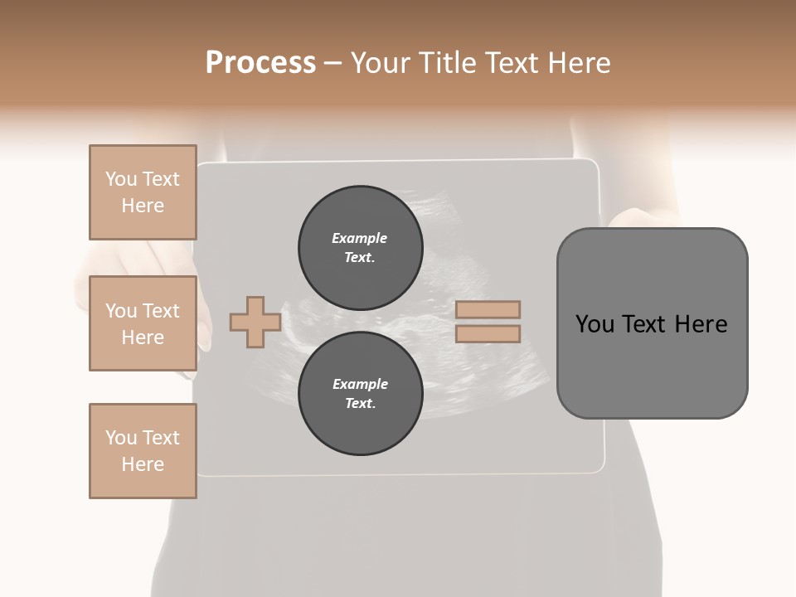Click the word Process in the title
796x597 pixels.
coord(260,63)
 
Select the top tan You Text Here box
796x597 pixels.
coord(143,192)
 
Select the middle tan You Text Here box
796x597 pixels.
coord(143,323)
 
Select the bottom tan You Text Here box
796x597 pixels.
coord(143,451)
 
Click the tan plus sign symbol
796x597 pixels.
coord(255,323)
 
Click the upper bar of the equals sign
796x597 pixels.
coord(488,310)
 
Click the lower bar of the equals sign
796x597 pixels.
coord(488,334)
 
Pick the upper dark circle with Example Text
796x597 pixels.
coord(360,247)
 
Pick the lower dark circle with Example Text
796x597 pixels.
coord(360,394)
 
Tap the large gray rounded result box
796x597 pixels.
coord(652,365)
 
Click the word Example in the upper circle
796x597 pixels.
coord(360,238)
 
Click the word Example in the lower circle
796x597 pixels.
coord(360,384)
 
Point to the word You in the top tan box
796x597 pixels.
coord(121,179)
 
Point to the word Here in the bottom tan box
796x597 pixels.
coord(143,464)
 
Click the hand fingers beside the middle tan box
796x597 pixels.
coord(203,332)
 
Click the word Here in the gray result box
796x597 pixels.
coord(701,324)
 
